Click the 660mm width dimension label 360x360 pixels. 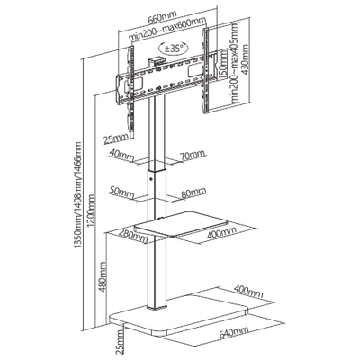pyautogui.click(x=162, y=17)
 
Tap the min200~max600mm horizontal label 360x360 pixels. pyautogui.click(x=167, y=29)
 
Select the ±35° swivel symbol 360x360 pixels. pyautogui.click(x=174, y=48)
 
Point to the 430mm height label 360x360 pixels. pyautogui.click(x=246, y=60)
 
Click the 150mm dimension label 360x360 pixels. pyautogui.click(x=222, y=65)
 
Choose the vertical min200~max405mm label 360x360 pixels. pyautogui.click(x=233, y=63)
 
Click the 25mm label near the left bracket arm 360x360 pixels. pyautogui.click(x=115, y=139)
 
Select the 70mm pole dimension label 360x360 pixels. pyautogui.click(x=193, y=155)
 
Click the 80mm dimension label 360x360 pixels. pyautogui.click(x=193, y=193)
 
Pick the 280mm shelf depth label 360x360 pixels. pyautogui.click(x=132, y=236)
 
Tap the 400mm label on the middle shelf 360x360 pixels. pyautogui.click(x=221, y=232)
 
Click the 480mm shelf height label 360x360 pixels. pyautogui.click(x=103, y=276)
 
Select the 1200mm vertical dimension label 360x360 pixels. pyautogui.click(x=92, y=210)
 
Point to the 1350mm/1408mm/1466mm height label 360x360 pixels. pyautogui.click(x=77, y=195)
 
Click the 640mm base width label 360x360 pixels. pyautogui.click(x=234, y=332)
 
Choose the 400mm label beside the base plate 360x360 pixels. pyautogui.click(x=248, y=291)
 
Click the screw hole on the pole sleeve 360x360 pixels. pyautogui.click(x=151, y=180)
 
